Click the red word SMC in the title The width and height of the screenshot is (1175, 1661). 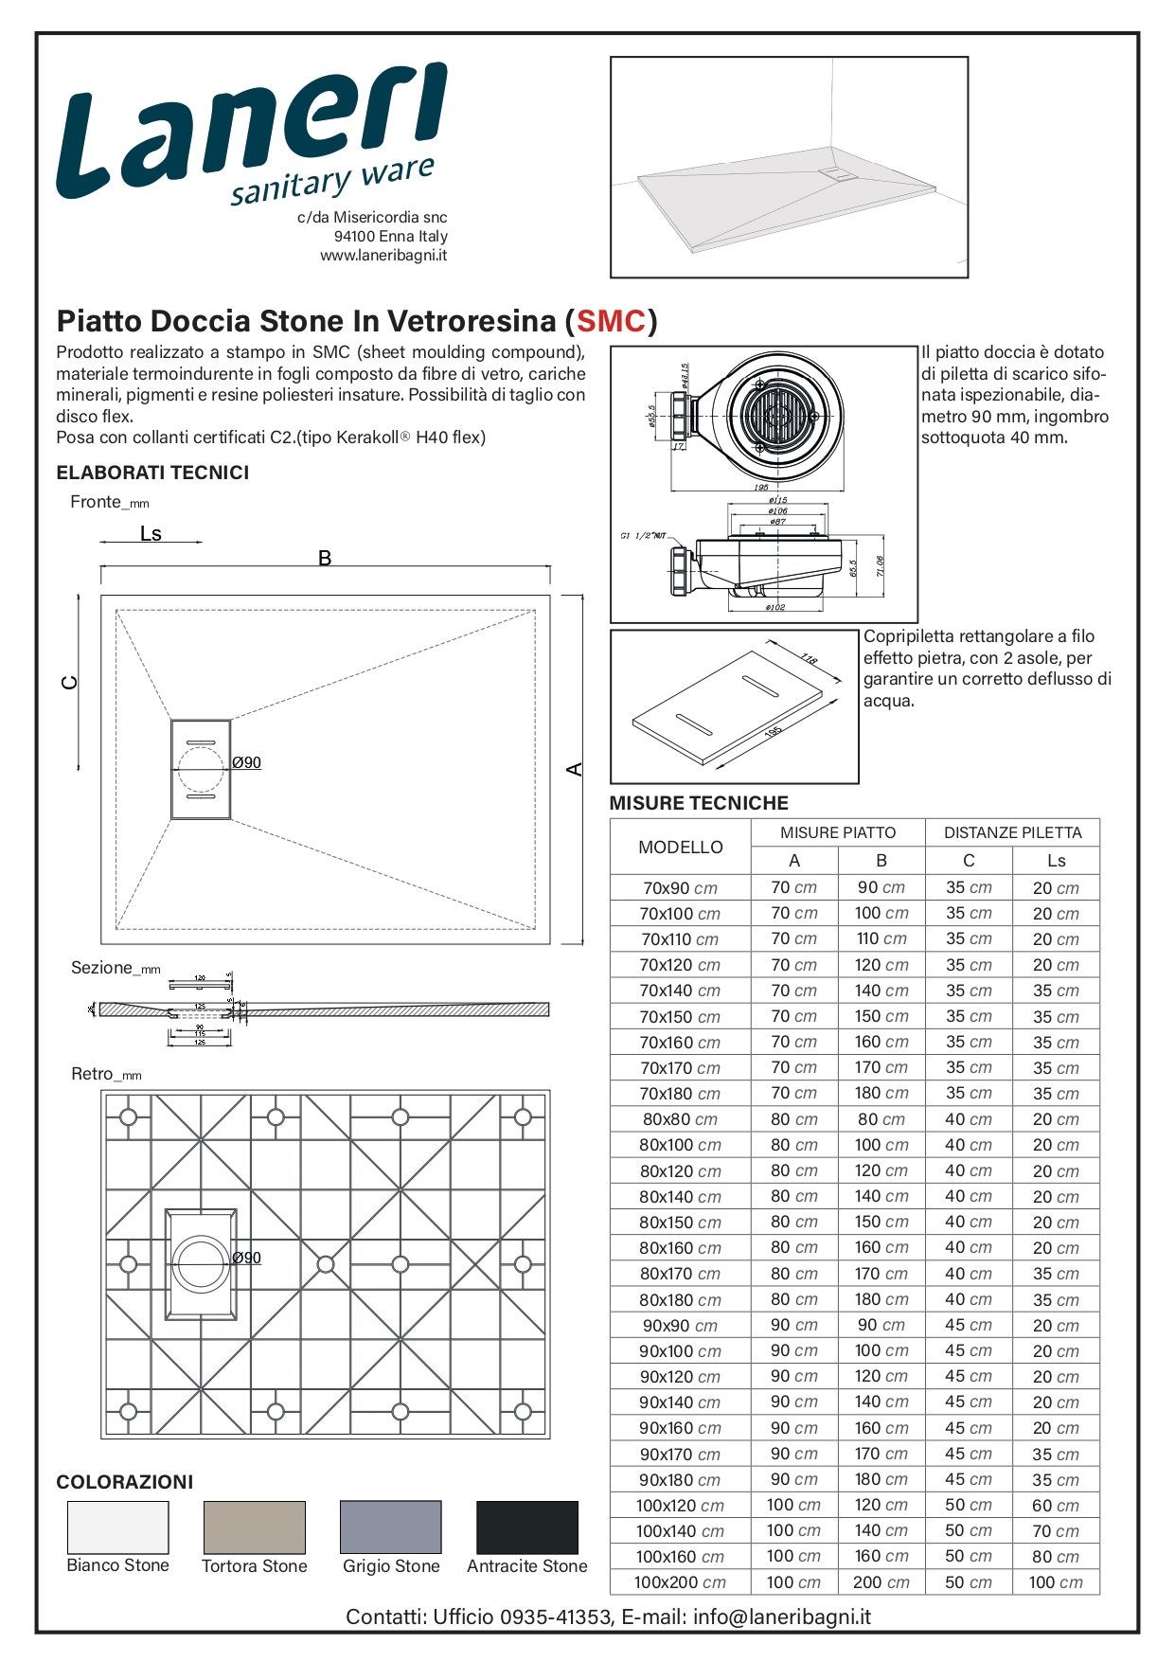[x=611, y=322]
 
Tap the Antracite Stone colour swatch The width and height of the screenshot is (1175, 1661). [x=526, y=1527]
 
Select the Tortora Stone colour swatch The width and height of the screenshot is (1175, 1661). [x=255, y=1527]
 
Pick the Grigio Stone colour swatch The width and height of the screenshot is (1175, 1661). [x=390, y=1527]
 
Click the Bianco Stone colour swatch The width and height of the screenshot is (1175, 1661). [x=118, y=1527]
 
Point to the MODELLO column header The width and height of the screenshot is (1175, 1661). [x=680, y=848]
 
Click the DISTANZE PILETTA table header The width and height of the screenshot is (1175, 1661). [x=1012, y=833]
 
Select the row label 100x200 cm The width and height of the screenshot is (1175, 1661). [x=680, y=1582]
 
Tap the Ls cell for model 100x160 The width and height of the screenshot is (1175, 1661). [x=1056, y=1557]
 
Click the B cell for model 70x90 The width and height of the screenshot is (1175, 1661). [x=881, y=888]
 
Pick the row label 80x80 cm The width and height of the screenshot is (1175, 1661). [x=680, y=1119]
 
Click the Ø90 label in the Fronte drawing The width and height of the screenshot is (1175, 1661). [x=247, y=763]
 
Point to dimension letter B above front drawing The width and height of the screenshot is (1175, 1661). [x=325, y=559]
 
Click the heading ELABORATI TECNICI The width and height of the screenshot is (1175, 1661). [x=152, y=473]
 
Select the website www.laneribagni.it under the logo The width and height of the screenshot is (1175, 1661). [x=383, y=256]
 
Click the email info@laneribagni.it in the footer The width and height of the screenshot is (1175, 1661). [x=781, y=1616]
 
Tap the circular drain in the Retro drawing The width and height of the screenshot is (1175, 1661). [x=200, y=1262]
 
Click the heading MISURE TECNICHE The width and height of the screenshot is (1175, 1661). [x=699, y=803]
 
